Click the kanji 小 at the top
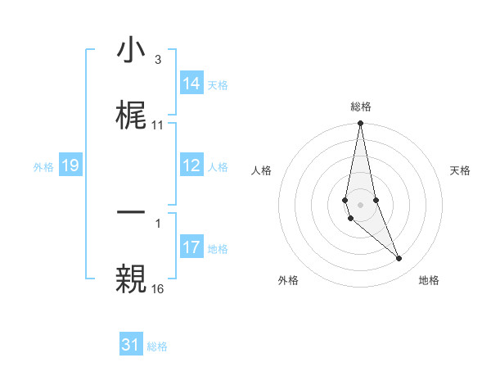pyautogui.click(x=132, y=51)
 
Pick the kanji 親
pyautogui.click(x=132, y=278)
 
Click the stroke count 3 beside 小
pyautogui.click(x=157, y=60)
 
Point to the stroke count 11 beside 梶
pyautogui.click(x=157, y=125)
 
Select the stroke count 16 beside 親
pyautogui.click(x=157, y=289)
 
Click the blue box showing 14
pyautogui.click(x=191, y=84)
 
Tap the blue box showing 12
pyautogui.click(x=191, y=165)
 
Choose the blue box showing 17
pyautogui.click(x=191, y=247)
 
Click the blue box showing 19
pyautogui.click(x=70, y=165)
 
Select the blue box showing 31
pyautogui.click(x=131, y=345)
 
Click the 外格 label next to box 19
pyautogui.click(x=43, y=166)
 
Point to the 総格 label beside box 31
pyautogui.click(x=157, y=346)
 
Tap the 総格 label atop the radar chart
pyautogui.click(x=360, y=106)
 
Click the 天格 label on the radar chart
pyautogui.click(x=460, y=170)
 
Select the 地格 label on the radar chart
pyautogui.click(x=429, y=280)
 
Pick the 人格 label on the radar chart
pyautogui.click(x=261, y=170)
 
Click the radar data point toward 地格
pyautogui.click(x=399, y=259)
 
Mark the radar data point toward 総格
pyautogui.click(x=360, y=124)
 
